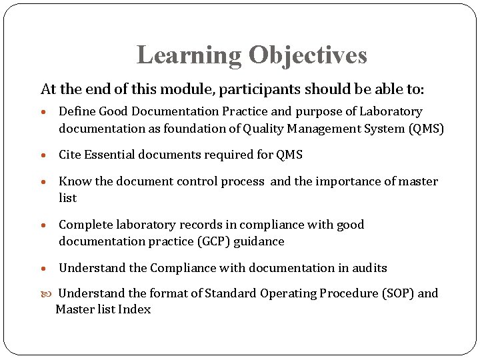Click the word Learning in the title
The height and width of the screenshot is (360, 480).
(189, 55)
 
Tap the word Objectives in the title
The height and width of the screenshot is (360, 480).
(308, 55)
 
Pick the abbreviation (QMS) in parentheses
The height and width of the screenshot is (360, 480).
(426, 129)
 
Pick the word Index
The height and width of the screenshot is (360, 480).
(135, 309)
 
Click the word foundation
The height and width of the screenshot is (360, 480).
(184, 129)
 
